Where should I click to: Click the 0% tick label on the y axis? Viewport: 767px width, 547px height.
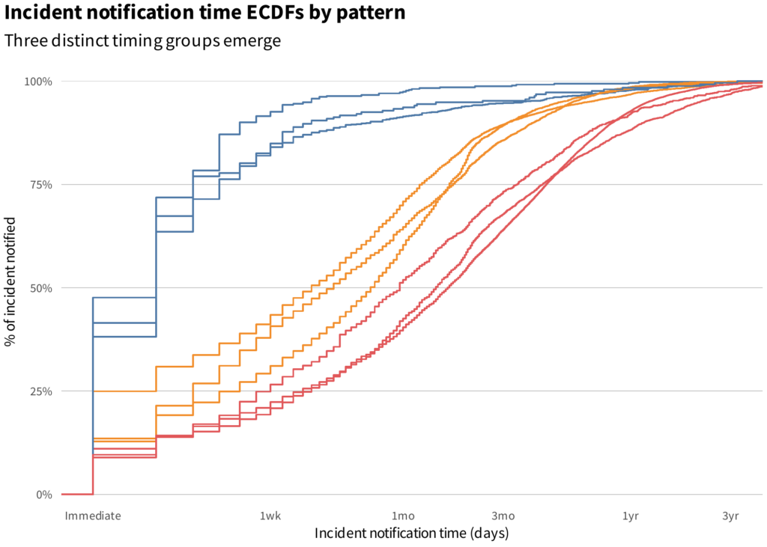tap(43, 495)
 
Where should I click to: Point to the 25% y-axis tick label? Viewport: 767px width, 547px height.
tap(40, 391)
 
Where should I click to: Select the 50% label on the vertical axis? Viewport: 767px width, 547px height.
tap(40, 288)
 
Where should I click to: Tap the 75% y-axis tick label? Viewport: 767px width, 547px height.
tap(40, 185)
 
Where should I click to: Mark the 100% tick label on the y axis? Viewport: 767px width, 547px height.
tap(38, 82)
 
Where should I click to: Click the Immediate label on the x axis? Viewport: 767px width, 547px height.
tap(93, 516)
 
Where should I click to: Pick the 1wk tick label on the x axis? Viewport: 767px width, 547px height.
tap(270, 516)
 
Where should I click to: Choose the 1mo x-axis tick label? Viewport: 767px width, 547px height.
tap(403, 516)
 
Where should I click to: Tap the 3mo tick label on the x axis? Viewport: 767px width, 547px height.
tap(503, 516)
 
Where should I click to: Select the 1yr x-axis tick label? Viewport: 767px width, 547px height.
tap(631, 516)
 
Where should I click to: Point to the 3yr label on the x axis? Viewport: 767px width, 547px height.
tap(730, 516)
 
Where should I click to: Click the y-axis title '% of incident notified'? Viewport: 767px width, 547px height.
tap(10, 282)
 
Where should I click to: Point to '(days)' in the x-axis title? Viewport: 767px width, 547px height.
tap(489, 534)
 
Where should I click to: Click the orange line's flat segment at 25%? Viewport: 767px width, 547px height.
tap(124, 391)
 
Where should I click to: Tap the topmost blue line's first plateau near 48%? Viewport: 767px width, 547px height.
tap(124, 297)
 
